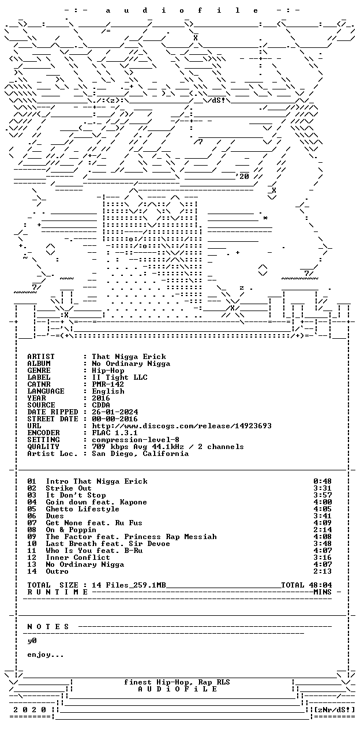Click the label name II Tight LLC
(120, 377)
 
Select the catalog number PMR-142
(108, 384)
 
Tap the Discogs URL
(182, 426)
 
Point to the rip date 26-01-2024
(115, 412)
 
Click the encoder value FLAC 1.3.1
(115, 433)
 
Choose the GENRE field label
(39, 371)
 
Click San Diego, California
(140, 454)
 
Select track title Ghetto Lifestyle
(82, 509)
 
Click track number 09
(32, 537)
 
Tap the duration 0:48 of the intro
(322, 481)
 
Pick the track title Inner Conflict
(78, 558)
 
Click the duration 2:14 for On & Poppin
(322, 530)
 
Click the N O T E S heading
(48, 627)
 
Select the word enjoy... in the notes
(46, 655)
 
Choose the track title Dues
(55, 516)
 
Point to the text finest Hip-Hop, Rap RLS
(177, 682)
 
